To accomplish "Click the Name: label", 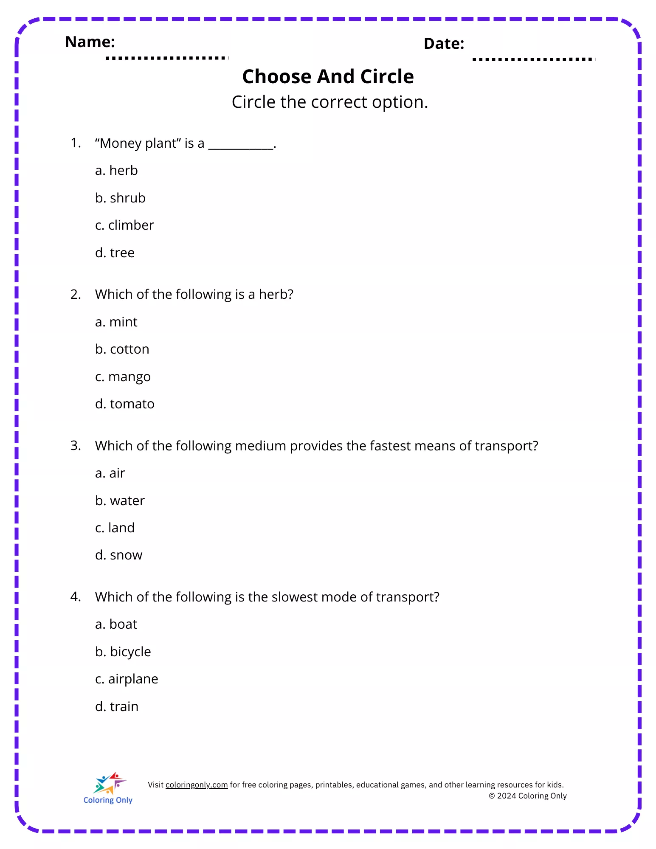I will click(x=90, y=42).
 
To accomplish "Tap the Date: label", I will click(x=444, y=44).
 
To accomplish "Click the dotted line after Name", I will click(x=167, y=58).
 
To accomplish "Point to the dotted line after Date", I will click(x=534, y=59).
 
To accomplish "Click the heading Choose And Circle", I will click(x=328, y=77).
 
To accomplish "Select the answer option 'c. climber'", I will click(x=124, y=225).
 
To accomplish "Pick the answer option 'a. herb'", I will click(x=116, y=170).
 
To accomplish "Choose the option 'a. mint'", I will click(x=116, y=322).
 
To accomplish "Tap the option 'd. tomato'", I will click(x=125, y=404).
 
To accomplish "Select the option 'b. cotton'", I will click(x=122, y=349).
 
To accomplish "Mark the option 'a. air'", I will click(x=110, y=473).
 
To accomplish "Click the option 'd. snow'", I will click(x=119, y=555).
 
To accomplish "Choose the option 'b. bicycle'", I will click(x=123, y=652).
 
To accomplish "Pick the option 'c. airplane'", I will click(x=127, y=679).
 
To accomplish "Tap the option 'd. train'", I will click(x=117, y=706).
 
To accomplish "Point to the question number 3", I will click(x=76, y=445).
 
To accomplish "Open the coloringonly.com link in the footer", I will click(x=197, y=785).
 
